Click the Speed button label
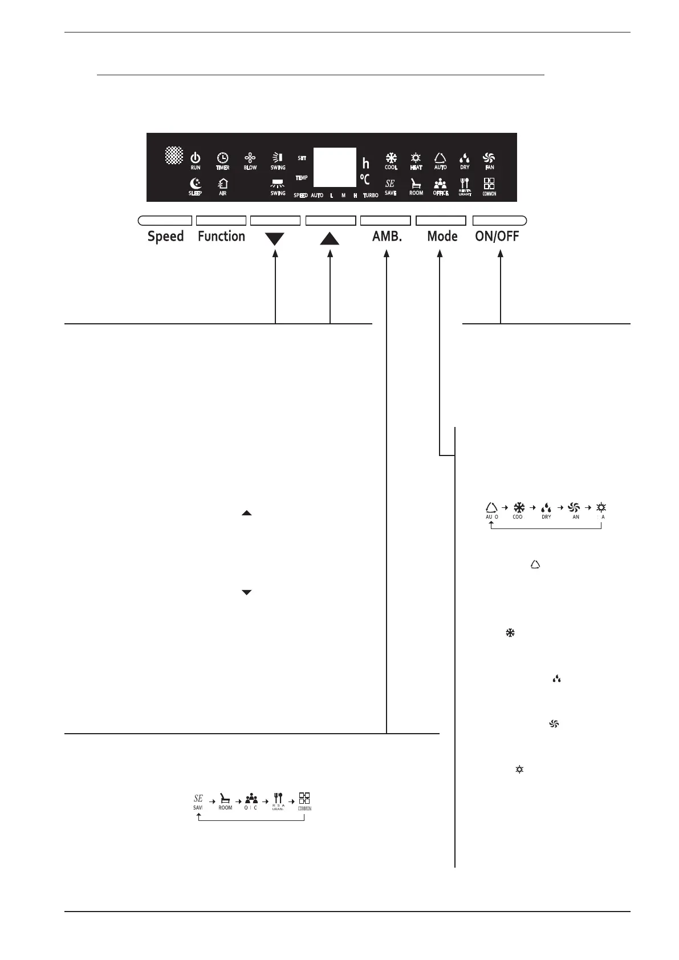165,237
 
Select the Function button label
221,237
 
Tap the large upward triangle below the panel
330,239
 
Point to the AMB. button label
387,237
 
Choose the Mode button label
442,237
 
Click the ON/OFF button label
497,237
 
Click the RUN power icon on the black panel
196,158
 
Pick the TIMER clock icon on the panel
222,158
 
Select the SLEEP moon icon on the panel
195,184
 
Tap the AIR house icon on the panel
222,184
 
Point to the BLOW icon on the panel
250,158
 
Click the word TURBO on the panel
371,196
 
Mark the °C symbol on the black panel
365,180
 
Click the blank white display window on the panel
335,167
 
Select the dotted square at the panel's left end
174,154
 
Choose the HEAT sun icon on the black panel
416,157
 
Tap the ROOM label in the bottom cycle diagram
225,808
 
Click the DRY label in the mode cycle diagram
546,517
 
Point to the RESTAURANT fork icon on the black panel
465,183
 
